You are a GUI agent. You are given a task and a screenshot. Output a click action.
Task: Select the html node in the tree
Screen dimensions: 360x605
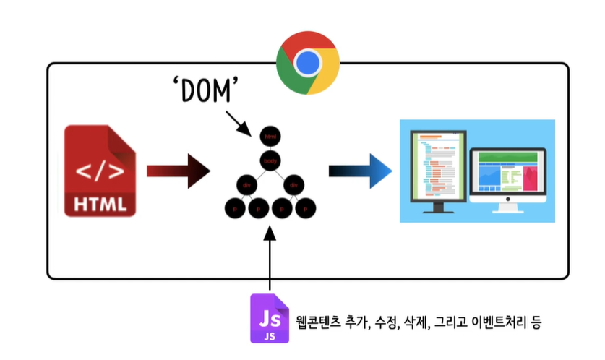[270, 136]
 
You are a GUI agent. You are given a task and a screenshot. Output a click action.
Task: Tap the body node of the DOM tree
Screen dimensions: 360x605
[270, 160]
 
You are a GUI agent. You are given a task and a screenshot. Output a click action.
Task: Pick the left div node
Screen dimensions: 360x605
[246, 185]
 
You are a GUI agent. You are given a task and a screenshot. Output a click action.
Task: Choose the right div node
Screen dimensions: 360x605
[293, 185]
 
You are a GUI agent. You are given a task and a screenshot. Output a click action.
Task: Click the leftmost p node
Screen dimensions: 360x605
[234, 209]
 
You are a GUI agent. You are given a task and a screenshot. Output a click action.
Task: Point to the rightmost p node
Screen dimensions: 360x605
[306, 209]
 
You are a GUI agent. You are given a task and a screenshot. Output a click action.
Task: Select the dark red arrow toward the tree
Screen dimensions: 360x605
[178, 171]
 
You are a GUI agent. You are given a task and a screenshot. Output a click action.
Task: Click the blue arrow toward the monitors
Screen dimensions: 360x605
[360, 171]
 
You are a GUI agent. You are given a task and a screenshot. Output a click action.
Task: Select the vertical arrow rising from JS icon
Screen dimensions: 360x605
[270, 260]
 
